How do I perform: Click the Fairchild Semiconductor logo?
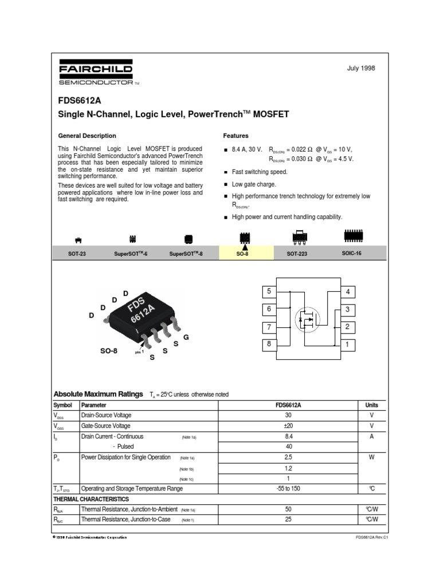coord(95,74)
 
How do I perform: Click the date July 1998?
coord(361,69)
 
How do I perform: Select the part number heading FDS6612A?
coord(78,99)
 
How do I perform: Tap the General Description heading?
coord(87,136)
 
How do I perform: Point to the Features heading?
coord(235,136)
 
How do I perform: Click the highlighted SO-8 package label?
coord(243,253)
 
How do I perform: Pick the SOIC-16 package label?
coord(352,252)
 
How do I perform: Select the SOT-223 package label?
coord(298,253)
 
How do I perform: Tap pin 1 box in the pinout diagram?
coord(347,345)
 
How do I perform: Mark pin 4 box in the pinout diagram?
coord(347,292)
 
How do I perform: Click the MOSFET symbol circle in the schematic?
coord(305,319)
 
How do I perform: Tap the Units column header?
coord(371,405)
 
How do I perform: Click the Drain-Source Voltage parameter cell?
coord(106,415)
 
